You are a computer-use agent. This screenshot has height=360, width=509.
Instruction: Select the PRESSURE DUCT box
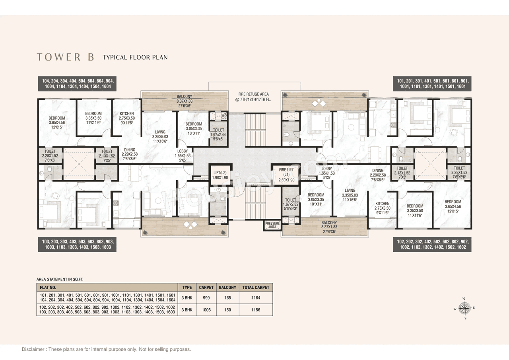273,225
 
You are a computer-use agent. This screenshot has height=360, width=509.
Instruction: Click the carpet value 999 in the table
206,298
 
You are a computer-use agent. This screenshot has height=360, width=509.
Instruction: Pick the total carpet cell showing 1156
256,309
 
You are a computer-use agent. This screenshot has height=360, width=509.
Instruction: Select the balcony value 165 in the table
227,298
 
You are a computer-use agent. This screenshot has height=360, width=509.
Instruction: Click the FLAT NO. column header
48,287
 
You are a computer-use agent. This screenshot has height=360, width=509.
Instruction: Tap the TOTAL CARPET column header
256,287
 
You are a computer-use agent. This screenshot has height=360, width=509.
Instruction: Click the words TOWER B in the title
66,57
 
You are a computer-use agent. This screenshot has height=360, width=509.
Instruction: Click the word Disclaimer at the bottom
34,349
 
